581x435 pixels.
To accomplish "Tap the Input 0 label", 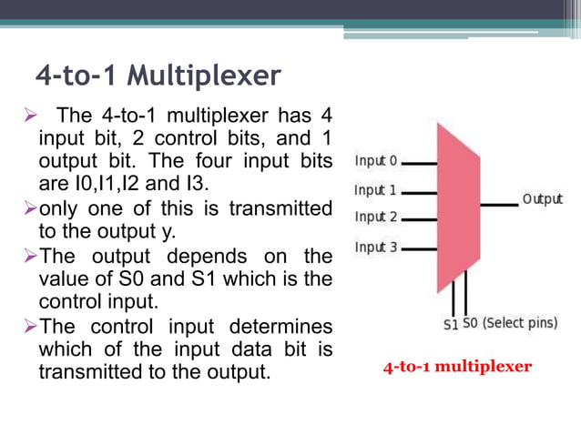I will pos(376,162).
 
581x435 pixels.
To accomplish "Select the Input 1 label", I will pos(375,191).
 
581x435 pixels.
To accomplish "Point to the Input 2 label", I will pos(375,217).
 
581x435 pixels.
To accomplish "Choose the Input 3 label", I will pos(375,248).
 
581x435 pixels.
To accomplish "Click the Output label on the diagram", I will pos(542,199).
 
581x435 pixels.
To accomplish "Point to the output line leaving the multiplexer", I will pos(498,205).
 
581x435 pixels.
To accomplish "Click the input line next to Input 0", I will pos(419,164).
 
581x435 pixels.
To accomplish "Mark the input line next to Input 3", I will pos(419,248).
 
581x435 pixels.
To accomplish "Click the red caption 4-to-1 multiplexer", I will pos(457,368).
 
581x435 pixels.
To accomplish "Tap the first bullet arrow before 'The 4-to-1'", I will pos(26,117).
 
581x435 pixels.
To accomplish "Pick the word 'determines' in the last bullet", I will pos(283,326).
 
